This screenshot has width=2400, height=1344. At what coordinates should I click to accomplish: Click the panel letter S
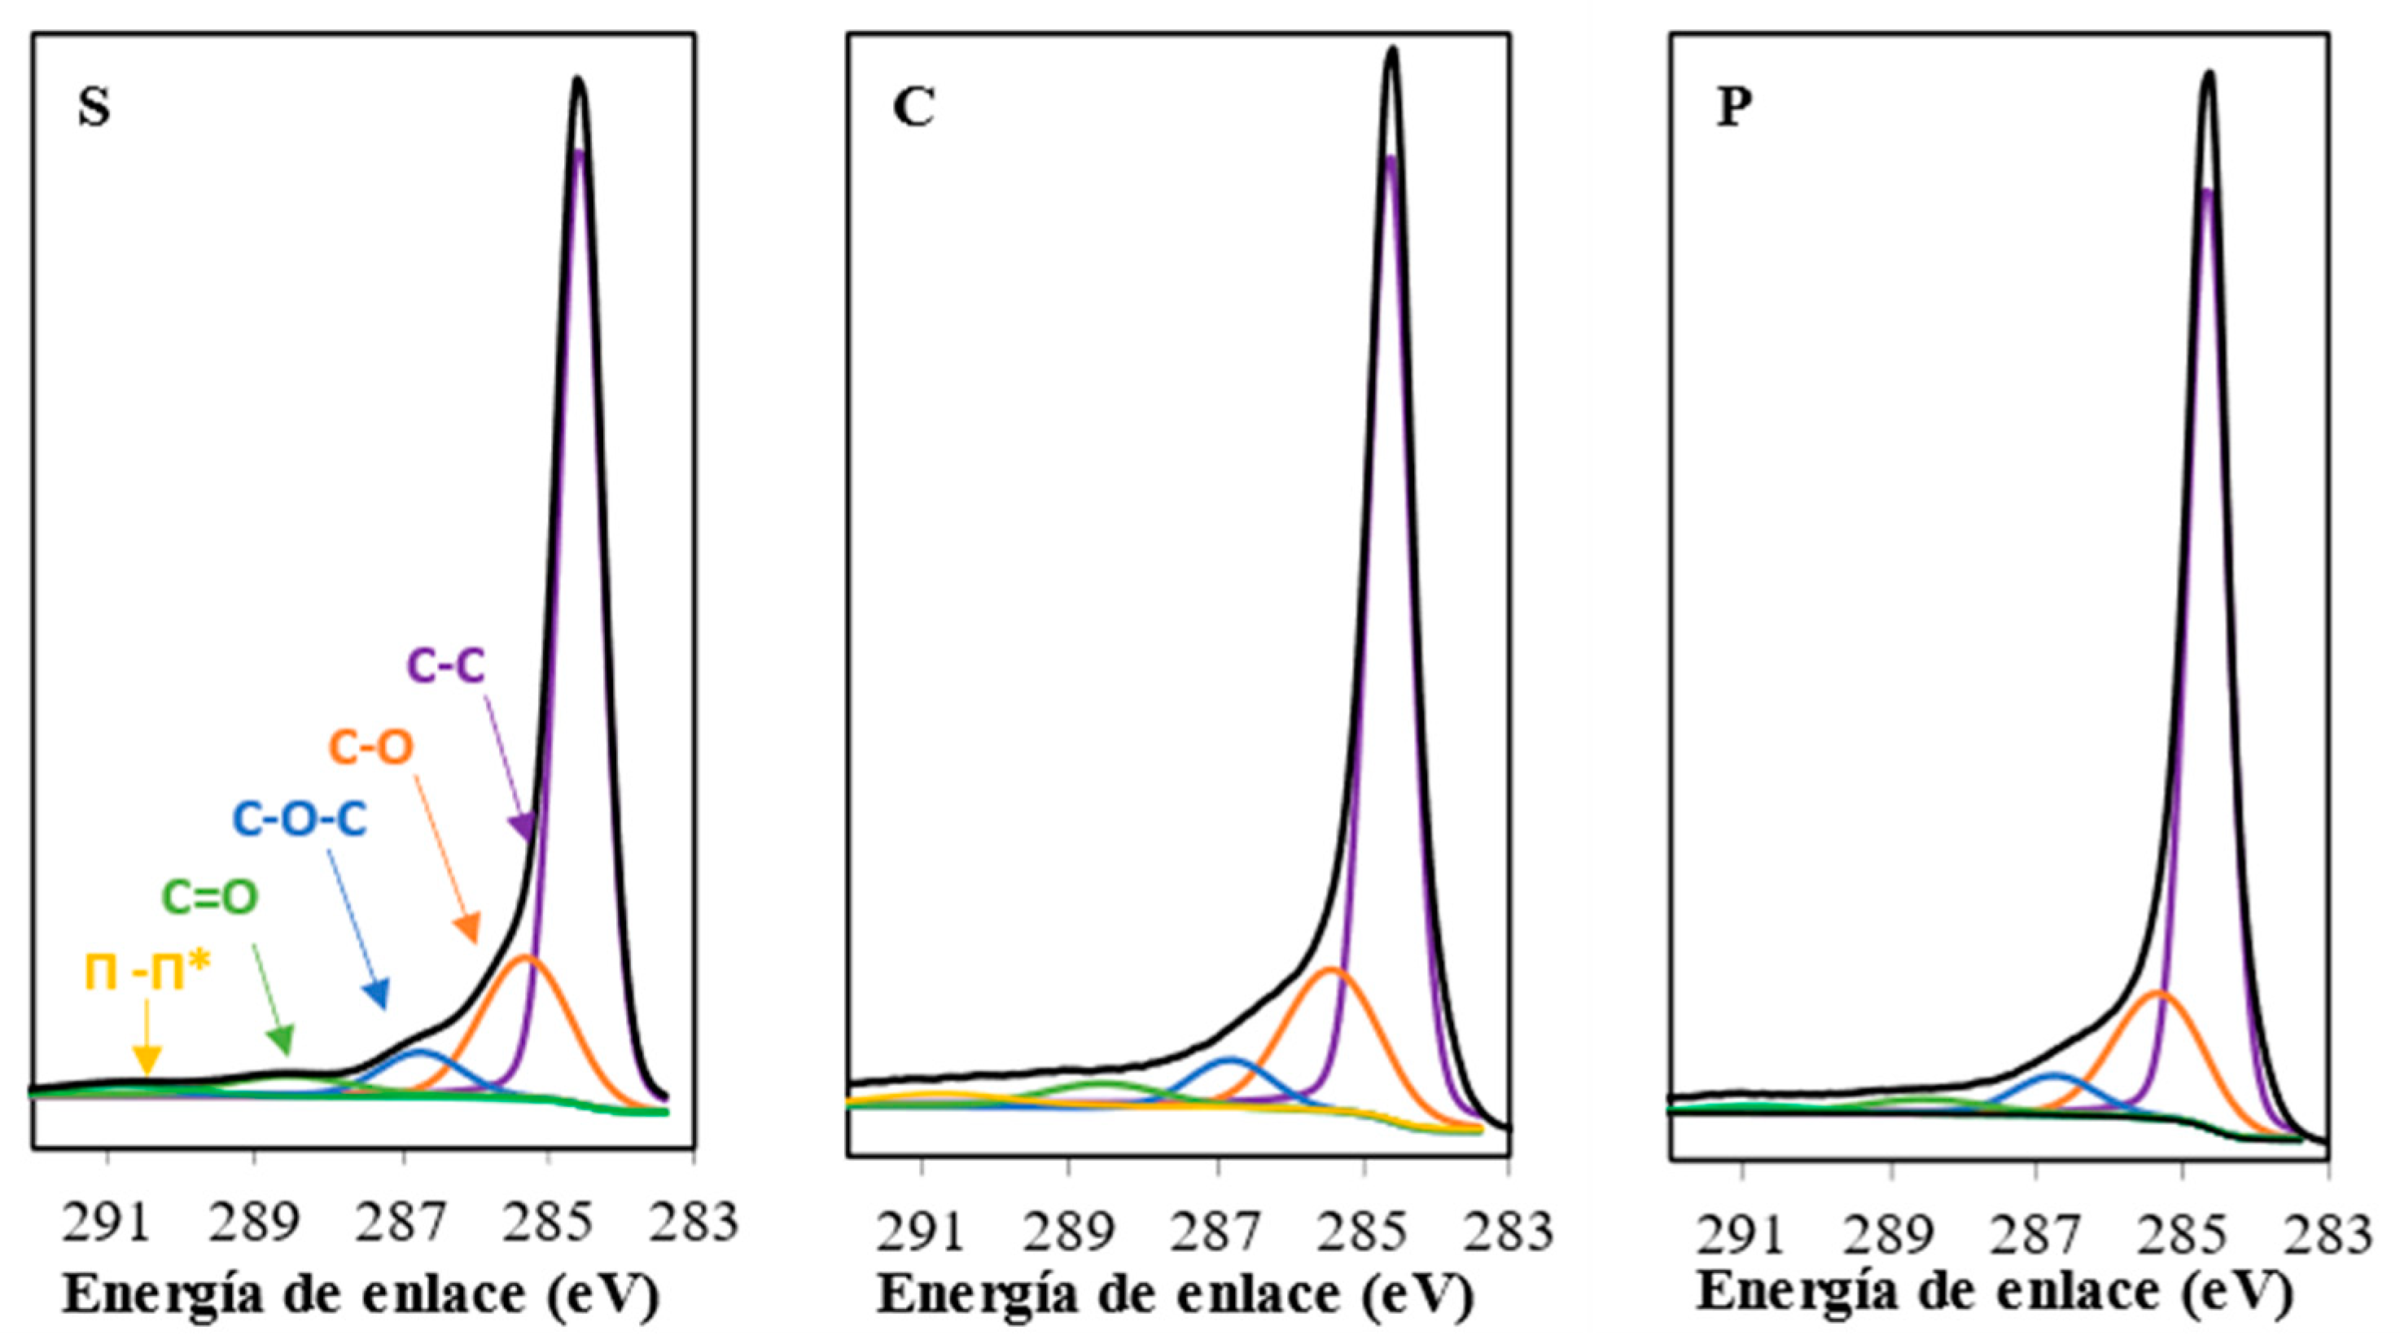click(x=94, y=109)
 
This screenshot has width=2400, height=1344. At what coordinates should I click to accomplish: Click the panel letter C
click(x=914, y=109)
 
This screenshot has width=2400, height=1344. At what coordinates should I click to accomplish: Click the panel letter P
click(x=1734, y=109)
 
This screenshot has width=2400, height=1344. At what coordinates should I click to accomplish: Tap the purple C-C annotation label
click(x=446, y=666)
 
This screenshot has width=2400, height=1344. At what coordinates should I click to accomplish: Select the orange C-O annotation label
click(x=370, y=748)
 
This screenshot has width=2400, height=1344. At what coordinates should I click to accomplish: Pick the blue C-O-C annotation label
click(x=299, y=820)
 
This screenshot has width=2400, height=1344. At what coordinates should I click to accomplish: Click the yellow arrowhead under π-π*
click(x=147, y=1060)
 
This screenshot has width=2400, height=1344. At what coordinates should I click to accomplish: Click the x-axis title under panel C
click(x=1175, y=1294)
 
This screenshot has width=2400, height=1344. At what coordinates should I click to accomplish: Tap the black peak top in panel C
click(x=1392, y=51)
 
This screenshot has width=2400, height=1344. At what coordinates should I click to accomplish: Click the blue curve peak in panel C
click(x=1230, y=1059)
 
